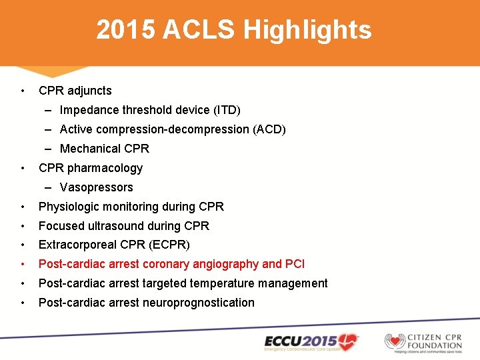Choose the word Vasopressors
point(97,187)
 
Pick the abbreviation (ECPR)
point(171,245)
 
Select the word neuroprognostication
point(198,303)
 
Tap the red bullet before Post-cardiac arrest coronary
point(23,264)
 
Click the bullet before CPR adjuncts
point(23,91)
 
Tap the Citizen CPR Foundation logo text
point(435,340)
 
